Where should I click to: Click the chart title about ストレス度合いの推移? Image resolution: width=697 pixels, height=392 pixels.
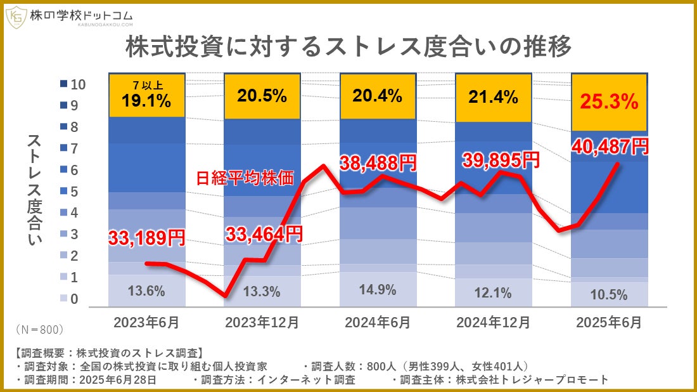tap(348, 48)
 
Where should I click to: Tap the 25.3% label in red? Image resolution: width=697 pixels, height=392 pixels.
tap(609, 100)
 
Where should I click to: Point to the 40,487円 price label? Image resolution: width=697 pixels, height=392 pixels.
tap(610, 147)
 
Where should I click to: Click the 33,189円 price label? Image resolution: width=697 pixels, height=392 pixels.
tap(146, 238)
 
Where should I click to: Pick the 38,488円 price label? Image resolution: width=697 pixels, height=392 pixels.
tap(378, 162)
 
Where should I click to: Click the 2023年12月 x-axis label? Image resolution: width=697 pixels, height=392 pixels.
tap(262, 322)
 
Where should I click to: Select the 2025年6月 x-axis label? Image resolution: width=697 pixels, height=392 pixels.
tap(608, 322)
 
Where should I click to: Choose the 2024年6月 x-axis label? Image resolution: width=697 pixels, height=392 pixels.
tap(378, 322)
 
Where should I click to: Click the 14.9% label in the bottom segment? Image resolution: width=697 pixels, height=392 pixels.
tap(378, 290)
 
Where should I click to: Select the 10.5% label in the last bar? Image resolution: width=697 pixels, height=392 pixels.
tap(609, 294)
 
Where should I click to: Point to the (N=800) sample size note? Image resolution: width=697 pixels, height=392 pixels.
tap(39, 330)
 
